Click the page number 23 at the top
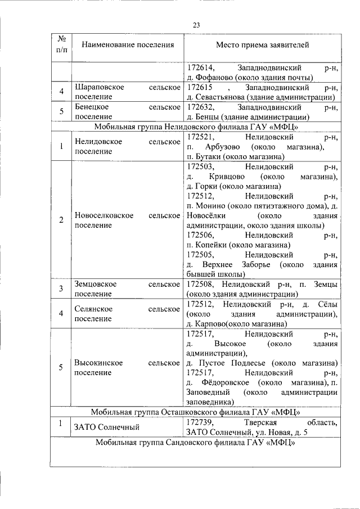coord(196,24)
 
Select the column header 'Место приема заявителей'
coord(262,44)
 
